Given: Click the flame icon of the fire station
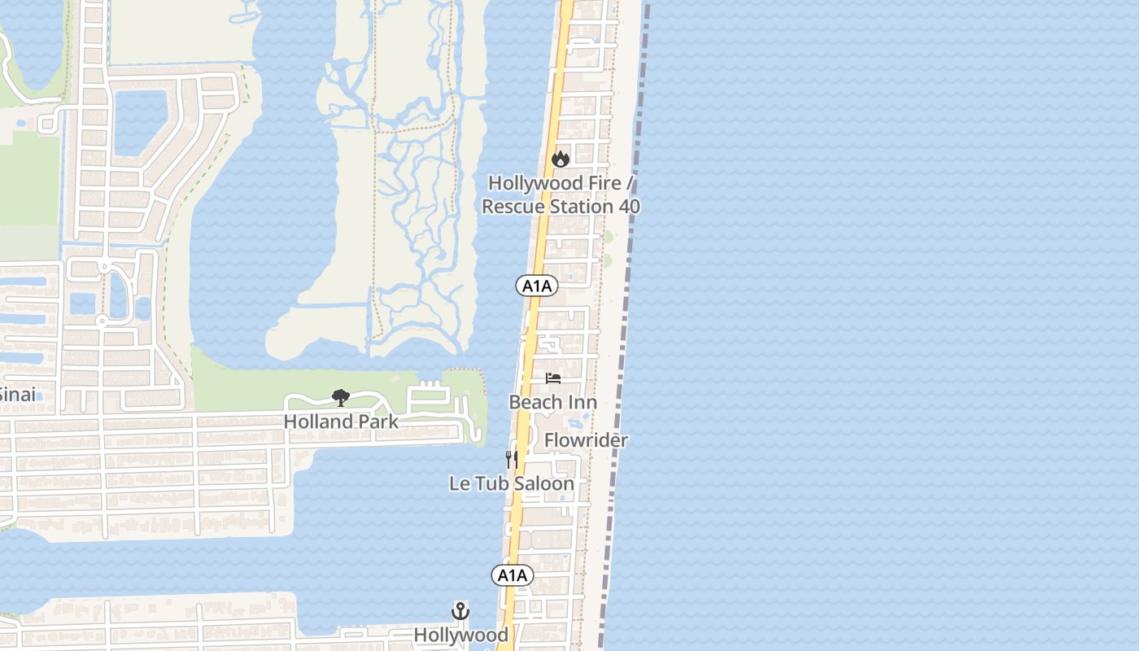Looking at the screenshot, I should [560, 159].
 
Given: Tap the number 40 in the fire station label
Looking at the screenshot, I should [629, 207].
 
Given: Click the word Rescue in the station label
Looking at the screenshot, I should [514, 207].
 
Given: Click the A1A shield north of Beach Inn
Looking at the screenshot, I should [537, 286].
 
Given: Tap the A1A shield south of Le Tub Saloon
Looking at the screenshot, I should [513, 575].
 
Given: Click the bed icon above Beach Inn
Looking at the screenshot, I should [553, 378].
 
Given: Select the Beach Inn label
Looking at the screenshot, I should [552, 402].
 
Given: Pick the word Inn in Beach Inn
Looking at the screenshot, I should [583, 402].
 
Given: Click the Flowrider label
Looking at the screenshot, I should [586, 440].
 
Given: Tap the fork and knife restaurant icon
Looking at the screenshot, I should [511, 460].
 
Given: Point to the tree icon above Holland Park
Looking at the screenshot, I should [341, 398].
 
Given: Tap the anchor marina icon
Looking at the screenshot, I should [460, 611].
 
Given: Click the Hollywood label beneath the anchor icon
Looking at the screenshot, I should [460, 635].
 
